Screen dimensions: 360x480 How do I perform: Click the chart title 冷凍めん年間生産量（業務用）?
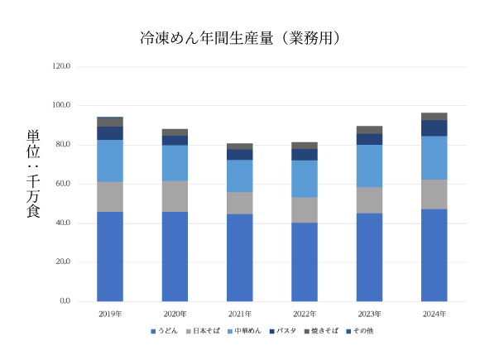[240, 39]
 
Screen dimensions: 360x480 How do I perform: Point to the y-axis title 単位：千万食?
[34, 175]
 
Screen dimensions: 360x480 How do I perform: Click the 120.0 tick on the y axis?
[62, 67]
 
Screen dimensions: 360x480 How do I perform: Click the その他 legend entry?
[362, 331]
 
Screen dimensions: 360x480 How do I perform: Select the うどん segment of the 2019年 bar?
[110, 257]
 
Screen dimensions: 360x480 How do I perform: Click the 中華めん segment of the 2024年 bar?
[434, 158]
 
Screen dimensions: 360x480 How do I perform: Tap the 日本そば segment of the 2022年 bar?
[305, 210]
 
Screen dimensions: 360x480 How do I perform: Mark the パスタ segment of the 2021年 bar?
[240, 155]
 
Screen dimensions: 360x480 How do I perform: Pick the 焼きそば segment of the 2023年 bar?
[369, 130]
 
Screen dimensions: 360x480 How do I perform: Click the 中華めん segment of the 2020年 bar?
[175, 163]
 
